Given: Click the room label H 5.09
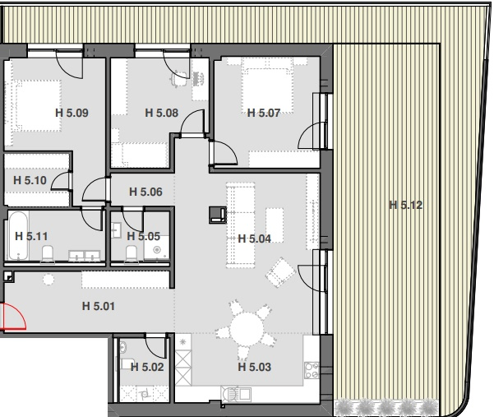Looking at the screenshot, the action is (72, 113).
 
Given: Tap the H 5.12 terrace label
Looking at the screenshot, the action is (405, 205).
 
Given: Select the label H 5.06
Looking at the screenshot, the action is (145, 192).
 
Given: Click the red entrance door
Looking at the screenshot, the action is (14, 316).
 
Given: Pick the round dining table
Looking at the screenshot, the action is (247, 329).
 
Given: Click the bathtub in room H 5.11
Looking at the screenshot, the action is (18, 235).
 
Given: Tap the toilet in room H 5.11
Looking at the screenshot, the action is (48, 254).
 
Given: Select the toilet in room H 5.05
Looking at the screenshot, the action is (132, 254).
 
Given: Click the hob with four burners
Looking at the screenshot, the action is (312, 370).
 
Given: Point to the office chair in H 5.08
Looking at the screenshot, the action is (179, 79).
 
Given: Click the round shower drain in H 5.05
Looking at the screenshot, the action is (156, 250).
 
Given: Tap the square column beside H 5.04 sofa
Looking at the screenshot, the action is (218, 215).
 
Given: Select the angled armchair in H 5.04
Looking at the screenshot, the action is (280, 272).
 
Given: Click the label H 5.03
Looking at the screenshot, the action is (255, 367).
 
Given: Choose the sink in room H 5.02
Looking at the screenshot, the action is (122, 347).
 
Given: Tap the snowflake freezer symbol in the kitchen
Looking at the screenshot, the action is (183, 341).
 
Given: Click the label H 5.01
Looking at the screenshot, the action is (99, 306).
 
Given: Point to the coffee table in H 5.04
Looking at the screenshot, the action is (275, 225).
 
